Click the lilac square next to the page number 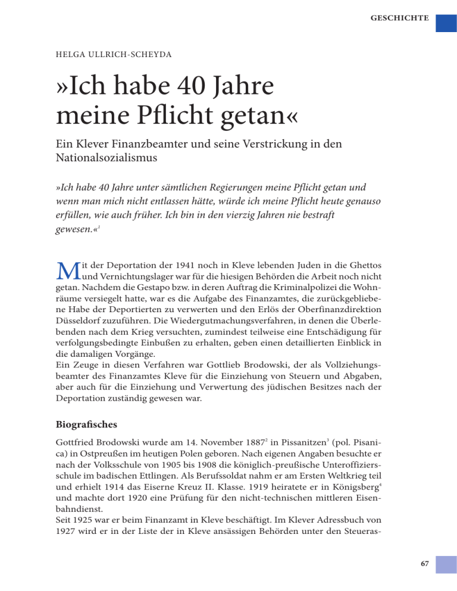[446, 570]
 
